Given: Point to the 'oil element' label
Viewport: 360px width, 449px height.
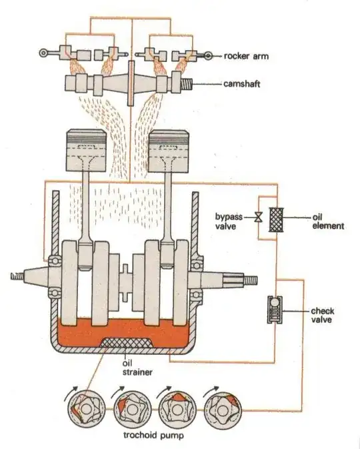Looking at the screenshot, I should (329, 221).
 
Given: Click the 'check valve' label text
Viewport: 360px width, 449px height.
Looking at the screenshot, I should (323, 316).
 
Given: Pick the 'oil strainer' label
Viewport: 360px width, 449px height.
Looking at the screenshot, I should (133, 368).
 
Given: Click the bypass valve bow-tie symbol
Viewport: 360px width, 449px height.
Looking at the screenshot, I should (257, 217).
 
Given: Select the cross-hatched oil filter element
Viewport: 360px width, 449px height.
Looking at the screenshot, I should (275, 218).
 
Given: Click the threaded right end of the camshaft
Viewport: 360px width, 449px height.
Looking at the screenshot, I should (189, 85).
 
